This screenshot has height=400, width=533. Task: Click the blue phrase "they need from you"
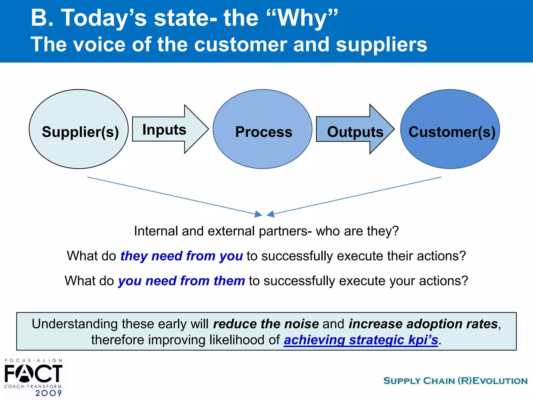click(181, 256)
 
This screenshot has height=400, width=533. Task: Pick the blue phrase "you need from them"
click(181, 281)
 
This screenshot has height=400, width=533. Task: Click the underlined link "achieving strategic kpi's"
click(361, 340)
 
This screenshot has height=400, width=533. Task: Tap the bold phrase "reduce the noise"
click(266, 324)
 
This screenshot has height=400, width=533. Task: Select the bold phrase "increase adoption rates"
click(423, 324)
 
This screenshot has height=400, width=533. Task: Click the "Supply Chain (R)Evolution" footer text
click(455, 381)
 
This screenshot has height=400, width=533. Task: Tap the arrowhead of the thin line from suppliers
click(258, 214)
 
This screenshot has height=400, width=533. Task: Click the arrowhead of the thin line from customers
click(271, 214)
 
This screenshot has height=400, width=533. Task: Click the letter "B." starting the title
click(42, 18)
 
